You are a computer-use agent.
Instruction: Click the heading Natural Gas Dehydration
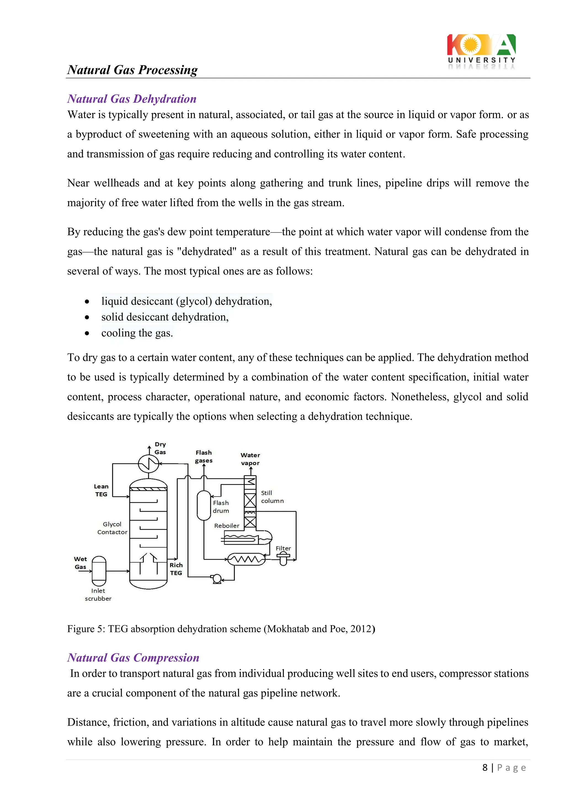click(132, 99)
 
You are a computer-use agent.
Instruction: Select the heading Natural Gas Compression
click(133, 657)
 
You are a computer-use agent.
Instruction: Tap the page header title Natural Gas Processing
click(132, 70)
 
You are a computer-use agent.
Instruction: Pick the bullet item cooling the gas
click(137, 333)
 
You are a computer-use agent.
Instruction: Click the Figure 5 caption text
click(221, 629)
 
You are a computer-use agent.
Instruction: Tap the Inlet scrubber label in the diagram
click(98, 594)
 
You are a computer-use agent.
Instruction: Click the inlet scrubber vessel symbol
click(99, 571)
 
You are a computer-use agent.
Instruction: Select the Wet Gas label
click(80, 563)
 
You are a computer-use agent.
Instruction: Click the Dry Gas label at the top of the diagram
click(160, 448)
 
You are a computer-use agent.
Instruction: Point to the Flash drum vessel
click(204, 505)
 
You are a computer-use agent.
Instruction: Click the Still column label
click(272, 497)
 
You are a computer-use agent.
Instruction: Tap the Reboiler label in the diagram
click(226, 525)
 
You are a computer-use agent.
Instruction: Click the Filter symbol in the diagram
click(283, 559)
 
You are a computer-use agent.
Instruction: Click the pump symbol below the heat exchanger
click(217, 579)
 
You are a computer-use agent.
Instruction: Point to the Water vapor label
click(250, 459)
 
